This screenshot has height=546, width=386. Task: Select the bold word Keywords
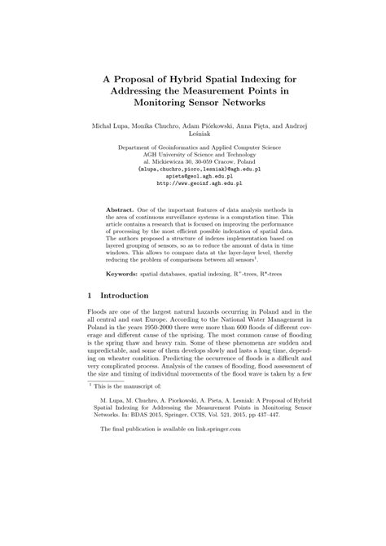pos(124,275)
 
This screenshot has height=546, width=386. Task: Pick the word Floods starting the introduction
pos(98,335)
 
